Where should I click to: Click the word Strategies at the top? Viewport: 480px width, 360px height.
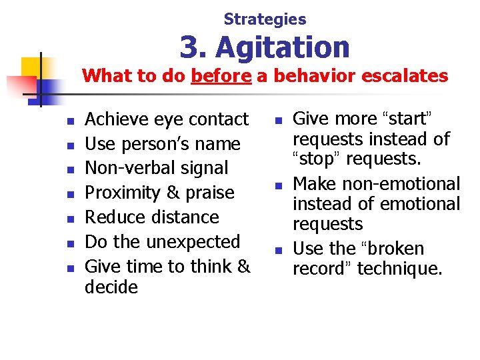click(x=265, y=19)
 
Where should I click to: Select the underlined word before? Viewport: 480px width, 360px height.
click(x=221, y=76)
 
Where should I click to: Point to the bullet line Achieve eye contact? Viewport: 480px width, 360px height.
click(x=167, y=119)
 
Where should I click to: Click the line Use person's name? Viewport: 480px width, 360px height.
click(x=163, y=144)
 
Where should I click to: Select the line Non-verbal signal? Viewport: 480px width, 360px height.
click(x=157, y=168)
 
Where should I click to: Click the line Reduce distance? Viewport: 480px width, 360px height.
click(x=152, y=217)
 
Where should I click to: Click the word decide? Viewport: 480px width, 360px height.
click(x=111, y=287)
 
